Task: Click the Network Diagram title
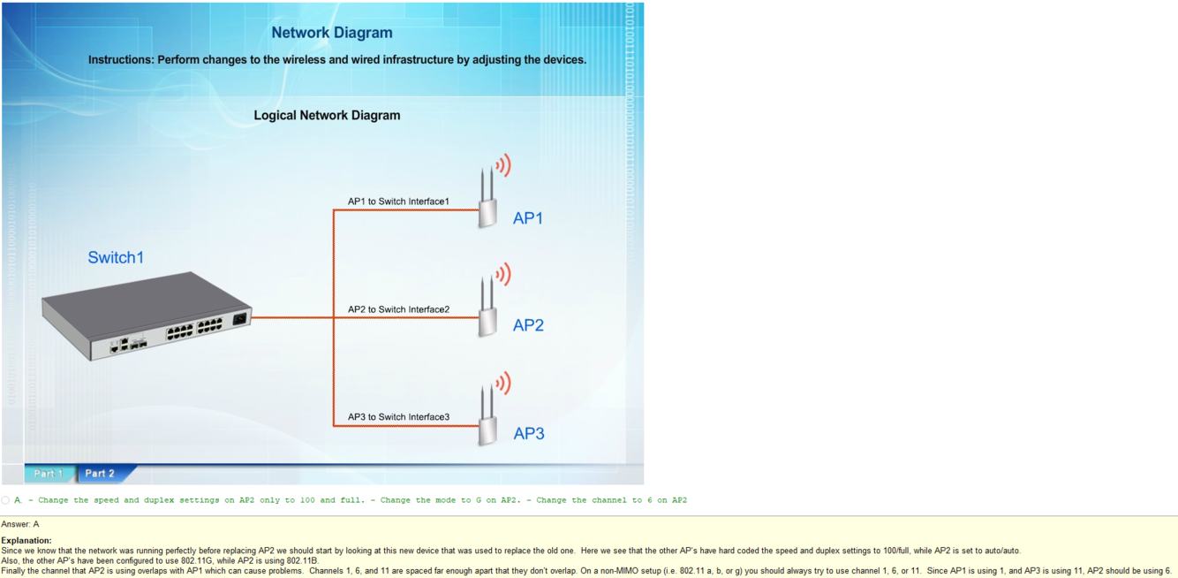click(332, 33)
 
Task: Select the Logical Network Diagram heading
click(327, 115)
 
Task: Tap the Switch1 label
click(116, 257)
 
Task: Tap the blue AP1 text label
click(528, 218)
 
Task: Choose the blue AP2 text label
click(528, 325)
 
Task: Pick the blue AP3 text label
click(529, 433)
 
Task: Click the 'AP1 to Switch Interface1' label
click(398, 202)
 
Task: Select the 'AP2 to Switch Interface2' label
click(398, 309)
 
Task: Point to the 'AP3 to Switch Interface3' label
click(398, 417)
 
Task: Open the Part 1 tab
click(49, 474)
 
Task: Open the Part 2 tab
click(100, 474)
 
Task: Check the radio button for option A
click(6, 500)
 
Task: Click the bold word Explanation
click(26, 540)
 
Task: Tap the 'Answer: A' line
click(20, 524)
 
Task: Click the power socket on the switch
click(238, 319)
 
